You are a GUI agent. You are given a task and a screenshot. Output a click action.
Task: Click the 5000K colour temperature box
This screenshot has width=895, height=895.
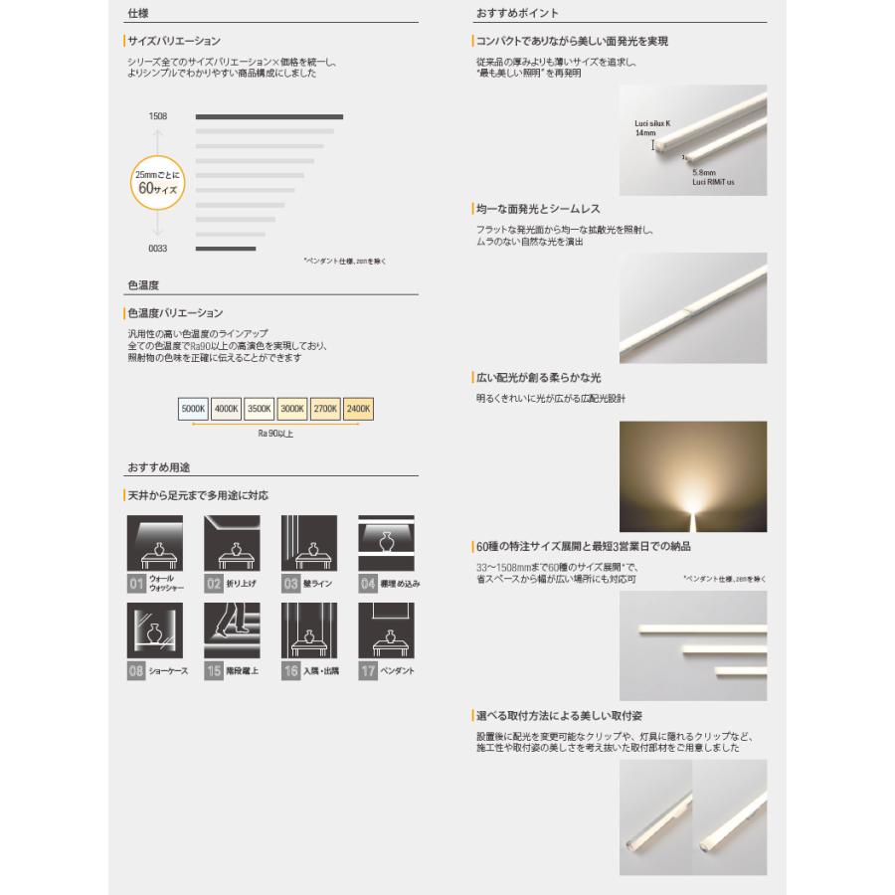click(193, 408)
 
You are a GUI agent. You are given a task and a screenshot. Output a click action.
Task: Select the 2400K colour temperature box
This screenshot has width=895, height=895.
click(360, 408)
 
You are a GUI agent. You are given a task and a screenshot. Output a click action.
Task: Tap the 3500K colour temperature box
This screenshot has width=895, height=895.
click(260, 408)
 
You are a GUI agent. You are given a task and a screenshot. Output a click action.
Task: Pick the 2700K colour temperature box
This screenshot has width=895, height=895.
click(326, 408)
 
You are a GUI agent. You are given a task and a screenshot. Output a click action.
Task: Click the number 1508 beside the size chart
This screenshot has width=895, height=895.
click(157, 116)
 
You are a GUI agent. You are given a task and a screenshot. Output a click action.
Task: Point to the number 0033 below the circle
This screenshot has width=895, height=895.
click(157, 249)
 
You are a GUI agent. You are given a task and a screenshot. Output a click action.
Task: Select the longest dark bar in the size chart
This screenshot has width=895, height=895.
click(268, 117)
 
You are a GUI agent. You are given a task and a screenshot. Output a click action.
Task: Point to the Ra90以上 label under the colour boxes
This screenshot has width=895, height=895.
click(275, 434)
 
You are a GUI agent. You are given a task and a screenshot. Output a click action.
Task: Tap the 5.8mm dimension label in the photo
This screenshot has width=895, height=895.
click(704, 172)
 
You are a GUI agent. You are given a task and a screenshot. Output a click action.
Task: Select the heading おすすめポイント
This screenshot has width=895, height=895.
click(517, 14)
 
